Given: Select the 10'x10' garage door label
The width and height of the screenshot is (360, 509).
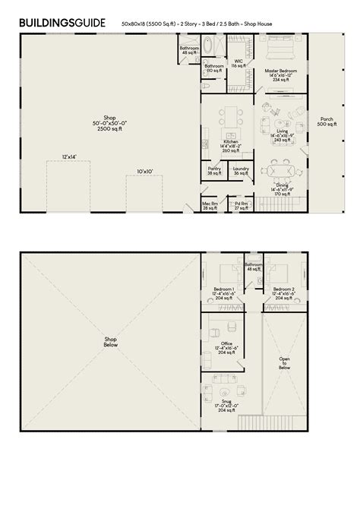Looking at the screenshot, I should (x=144, y=172).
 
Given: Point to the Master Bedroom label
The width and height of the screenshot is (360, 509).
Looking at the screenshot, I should (x=280, y=71).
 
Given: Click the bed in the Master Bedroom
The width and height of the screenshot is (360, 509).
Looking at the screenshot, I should (x=281, y=52).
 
